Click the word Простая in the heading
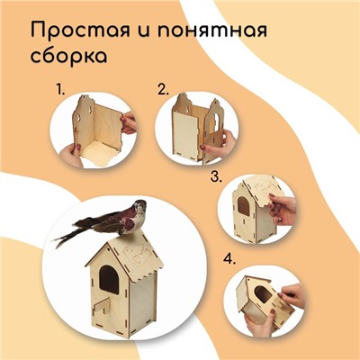[x=80, y=31]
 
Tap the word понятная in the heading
[x=212, y=31]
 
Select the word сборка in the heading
[x=68, y=56]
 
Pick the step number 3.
[x=216, y=176]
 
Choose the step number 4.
[x=229, y=258]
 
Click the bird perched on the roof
[x=101, y=222]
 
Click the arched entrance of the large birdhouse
[x=109, y=279]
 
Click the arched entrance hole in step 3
[x=243, y=206]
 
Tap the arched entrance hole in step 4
[x=264, y=294]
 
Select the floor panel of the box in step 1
[x=95, y=153]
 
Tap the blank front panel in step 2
[x=185, y=136]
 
